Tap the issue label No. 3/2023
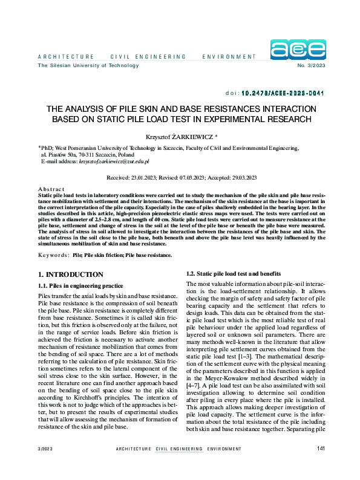pyautogui.click(x=310, y=65)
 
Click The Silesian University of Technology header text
pyautogui.click(x=88, y=65)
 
